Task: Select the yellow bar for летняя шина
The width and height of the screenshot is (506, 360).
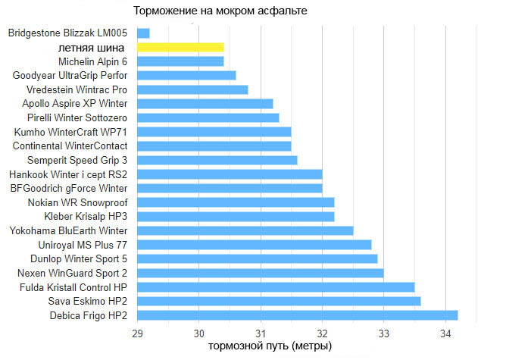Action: point(180,47)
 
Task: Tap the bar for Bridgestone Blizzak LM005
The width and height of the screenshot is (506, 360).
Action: point(143,33)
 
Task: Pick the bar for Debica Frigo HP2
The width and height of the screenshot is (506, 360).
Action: point(297,315)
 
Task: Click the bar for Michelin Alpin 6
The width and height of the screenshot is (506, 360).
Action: point(180,61)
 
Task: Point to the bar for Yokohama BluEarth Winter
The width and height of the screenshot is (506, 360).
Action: point(245,230)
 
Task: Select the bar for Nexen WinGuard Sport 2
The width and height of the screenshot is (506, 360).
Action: point(260,273)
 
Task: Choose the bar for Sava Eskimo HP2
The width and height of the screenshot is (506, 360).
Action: point(279,301)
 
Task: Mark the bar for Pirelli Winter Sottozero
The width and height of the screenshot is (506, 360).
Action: point(208,117)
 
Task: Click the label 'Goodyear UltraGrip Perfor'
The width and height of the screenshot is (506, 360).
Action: point(70,75)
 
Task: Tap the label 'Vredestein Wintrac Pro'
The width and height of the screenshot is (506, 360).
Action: point(77,89)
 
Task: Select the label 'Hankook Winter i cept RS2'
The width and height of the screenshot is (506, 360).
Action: point(69,174)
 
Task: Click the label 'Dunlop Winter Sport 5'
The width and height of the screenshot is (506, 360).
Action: point(79,258)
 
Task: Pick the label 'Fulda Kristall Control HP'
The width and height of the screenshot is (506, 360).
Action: point(73,287)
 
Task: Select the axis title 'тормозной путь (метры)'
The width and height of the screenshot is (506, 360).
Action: point(270,347)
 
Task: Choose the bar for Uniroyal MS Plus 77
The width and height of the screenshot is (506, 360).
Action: point(254,245)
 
